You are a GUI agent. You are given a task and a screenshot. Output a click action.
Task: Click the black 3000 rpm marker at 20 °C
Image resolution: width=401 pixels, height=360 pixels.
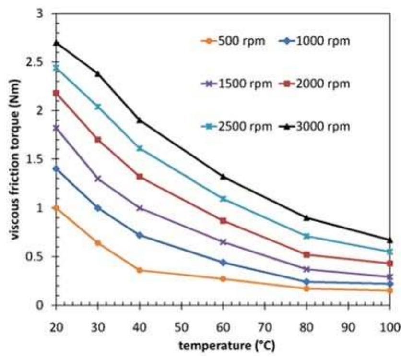56,43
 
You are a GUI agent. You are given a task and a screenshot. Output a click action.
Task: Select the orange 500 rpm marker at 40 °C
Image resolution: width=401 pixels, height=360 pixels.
140,270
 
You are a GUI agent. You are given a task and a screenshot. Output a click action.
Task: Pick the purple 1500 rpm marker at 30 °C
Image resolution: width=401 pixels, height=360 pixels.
98,179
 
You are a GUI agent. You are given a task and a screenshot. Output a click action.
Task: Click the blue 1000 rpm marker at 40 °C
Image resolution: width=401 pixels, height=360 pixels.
140,235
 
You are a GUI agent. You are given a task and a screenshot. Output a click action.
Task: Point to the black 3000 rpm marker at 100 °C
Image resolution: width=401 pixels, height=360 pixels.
389,240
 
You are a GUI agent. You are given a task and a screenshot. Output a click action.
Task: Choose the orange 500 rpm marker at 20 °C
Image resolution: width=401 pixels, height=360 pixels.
56,208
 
